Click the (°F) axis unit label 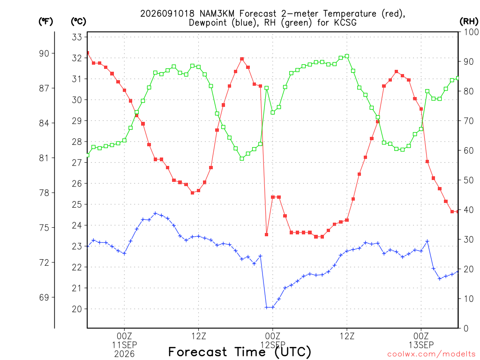click(45, 22)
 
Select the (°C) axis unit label click(78, 22)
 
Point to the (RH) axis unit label click(469, 22)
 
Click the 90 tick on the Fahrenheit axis click(44, 53)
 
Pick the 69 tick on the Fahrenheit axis click(44, 297)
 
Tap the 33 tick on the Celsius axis click(77, 37)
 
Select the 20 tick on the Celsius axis click(77, 309)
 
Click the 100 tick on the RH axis click(471, 32)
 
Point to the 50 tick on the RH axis click(468, 180)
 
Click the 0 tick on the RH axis click(466, 329)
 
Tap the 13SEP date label click(421, 345)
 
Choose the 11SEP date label click(124, 345)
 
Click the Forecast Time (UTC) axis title click(240, 352)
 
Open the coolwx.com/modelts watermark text click(431, 354)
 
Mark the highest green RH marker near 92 click(347, 56)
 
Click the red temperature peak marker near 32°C click(242, 59)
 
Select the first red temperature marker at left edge click(88, 53)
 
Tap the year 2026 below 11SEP click(124, 354)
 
